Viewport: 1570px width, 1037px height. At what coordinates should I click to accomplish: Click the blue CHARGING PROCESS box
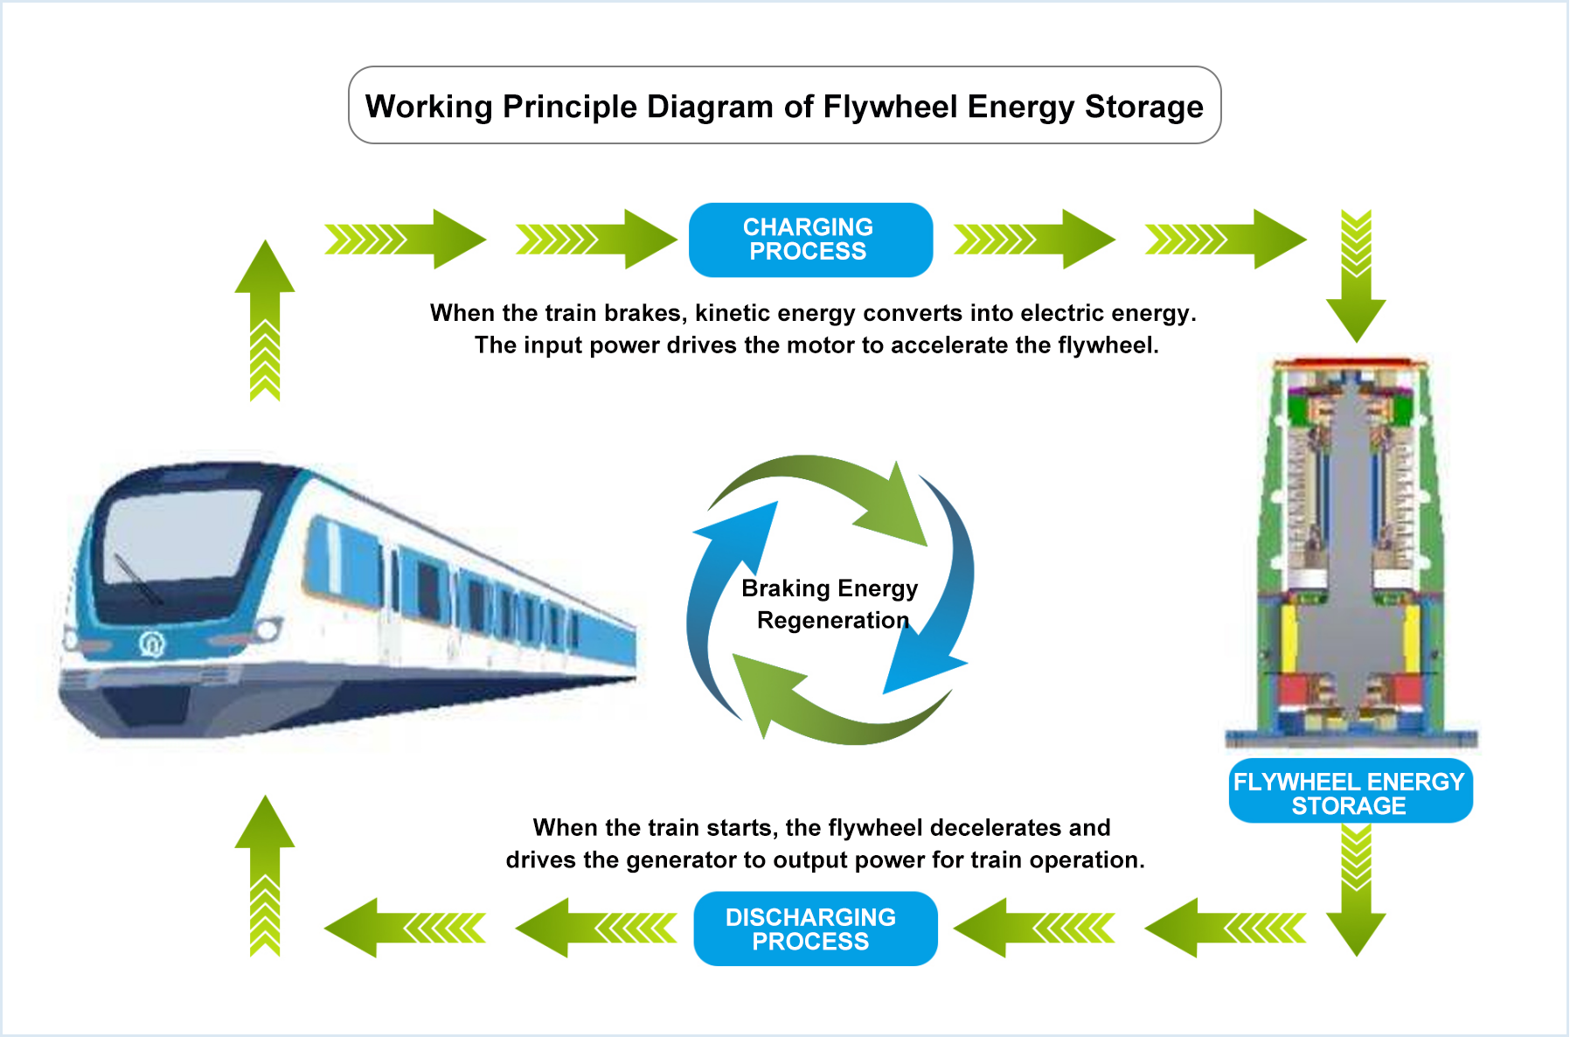point(810,240)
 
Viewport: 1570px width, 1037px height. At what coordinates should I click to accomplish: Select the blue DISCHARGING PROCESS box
point(815,929)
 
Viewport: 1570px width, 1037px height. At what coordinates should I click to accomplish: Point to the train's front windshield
point(181,536)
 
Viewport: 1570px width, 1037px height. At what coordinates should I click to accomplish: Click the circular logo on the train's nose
point(152,644)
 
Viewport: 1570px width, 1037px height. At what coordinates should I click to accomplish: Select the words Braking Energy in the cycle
point(830,588)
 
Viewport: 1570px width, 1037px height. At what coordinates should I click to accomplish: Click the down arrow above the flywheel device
point(1356,275)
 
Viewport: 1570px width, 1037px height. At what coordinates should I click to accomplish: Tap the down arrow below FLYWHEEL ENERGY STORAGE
point(1356,890)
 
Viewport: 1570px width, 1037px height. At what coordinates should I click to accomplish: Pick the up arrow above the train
point(265,320)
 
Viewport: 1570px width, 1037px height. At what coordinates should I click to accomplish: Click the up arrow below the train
point(265,875)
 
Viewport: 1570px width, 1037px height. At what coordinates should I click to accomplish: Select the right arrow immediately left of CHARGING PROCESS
point(597,239)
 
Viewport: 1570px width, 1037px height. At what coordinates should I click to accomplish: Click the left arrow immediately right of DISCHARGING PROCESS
point(1034,928)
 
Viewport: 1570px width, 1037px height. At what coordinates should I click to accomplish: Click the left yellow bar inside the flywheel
point(1289,637)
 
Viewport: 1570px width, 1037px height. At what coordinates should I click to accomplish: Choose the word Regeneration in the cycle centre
point(833,621)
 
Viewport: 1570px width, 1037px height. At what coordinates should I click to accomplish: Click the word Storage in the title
point(1144,107)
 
